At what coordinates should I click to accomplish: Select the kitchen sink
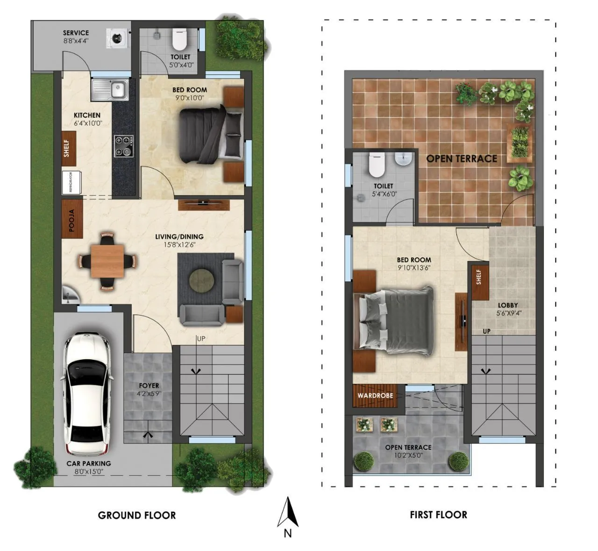point(110,89)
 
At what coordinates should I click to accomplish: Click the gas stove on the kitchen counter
point(123,146)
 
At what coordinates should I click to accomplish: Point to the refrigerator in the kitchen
point(71,182)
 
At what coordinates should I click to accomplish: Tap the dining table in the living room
point(107,261)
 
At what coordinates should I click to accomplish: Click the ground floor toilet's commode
point(179,40)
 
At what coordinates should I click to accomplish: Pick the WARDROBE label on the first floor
point(375,396)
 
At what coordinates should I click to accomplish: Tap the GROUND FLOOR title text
point(137,515)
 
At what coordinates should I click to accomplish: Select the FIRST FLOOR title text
point(438,515)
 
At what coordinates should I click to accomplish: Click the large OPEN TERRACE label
point(462,159)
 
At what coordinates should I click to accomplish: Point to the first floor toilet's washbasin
point(403,159)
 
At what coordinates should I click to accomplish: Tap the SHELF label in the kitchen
point(66,148)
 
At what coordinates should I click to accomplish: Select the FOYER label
point(149,386)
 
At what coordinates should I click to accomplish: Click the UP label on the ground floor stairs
point(201,339)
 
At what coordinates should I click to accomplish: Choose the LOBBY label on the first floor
point(508,305)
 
